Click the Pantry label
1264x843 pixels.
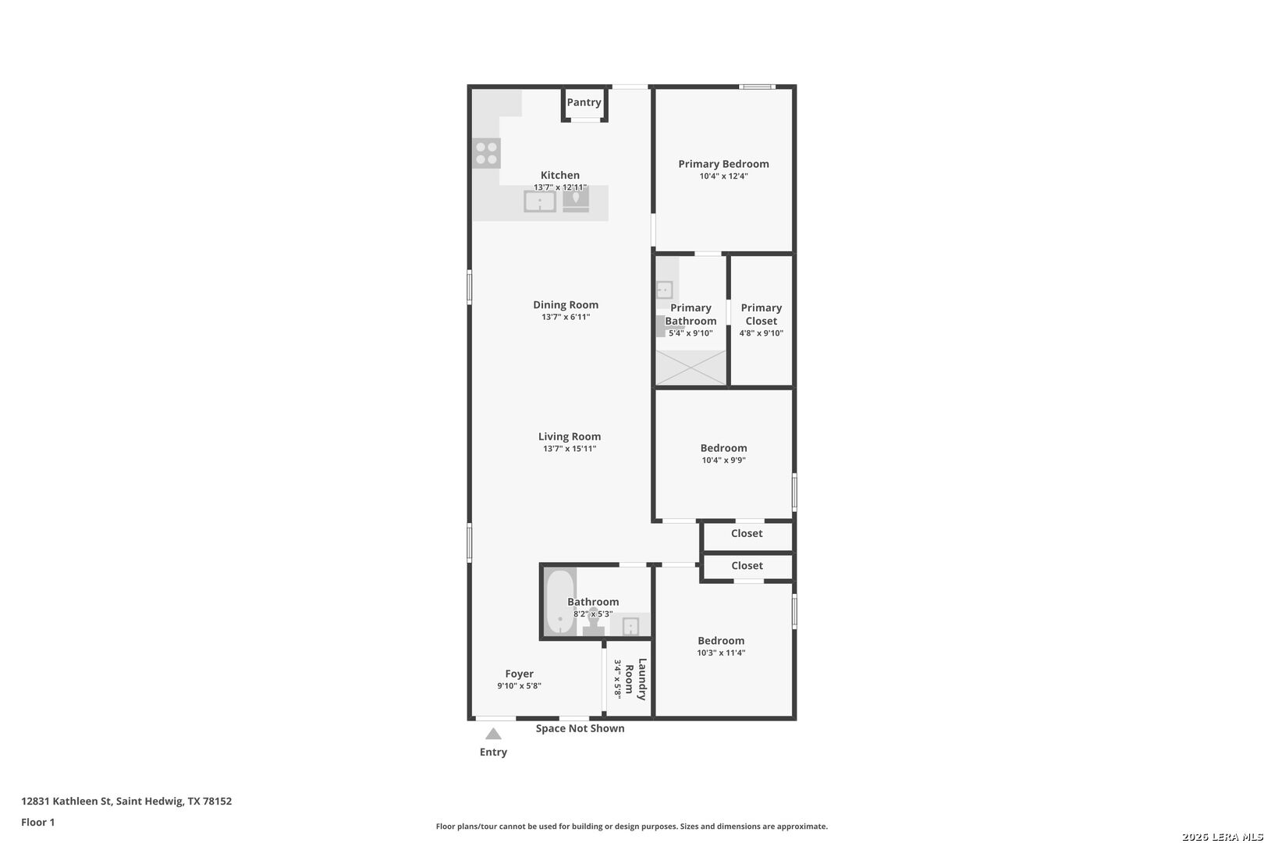584,102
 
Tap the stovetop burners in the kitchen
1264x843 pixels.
486,153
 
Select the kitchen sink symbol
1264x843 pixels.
540,201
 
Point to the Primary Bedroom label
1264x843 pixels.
723,164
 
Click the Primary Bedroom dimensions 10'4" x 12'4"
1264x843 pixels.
723,176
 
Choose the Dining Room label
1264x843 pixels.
566,305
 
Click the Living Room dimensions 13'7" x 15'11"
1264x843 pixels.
570,449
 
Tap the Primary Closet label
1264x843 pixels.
762,315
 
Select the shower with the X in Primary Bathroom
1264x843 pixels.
691,368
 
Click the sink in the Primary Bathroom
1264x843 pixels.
664,290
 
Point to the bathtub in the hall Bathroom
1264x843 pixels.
560,603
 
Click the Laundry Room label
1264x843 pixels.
635,679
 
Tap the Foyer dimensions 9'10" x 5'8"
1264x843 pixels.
519,686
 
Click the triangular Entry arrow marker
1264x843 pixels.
493,734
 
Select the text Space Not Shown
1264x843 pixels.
580,728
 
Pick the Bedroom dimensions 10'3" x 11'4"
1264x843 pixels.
721,653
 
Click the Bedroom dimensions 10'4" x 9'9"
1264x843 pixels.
723,461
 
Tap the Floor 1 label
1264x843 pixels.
37,822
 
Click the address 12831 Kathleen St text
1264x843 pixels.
66,801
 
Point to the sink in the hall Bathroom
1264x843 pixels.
630,626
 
